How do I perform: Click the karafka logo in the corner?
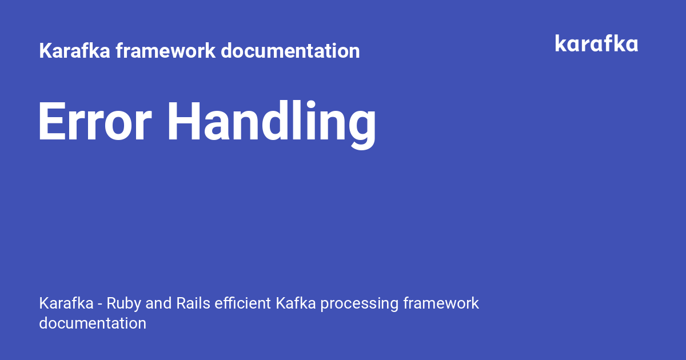(x=597, y=43)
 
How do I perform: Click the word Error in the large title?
(x=95, y=121)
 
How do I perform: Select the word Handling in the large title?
(x=272, y=125)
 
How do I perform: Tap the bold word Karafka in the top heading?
(x=74, y=50)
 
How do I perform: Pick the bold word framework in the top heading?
(x=165, y=50)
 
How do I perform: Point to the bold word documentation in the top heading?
(x=290, y=50)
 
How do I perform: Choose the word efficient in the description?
(x=242, y=303)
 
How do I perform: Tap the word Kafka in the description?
(x=296, y=303)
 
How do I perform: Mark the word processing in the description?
(x=360, y=304)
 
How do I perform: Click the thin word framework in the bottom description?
(x=441, y=303)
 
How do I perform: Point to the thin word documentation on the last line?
(x=93, y=323)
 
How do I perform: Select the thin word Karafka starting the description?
(x=66, y=303)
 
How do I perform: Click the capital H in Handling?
(x=183, y=121)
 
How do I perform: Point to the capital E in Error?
(x=52, y=121)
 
